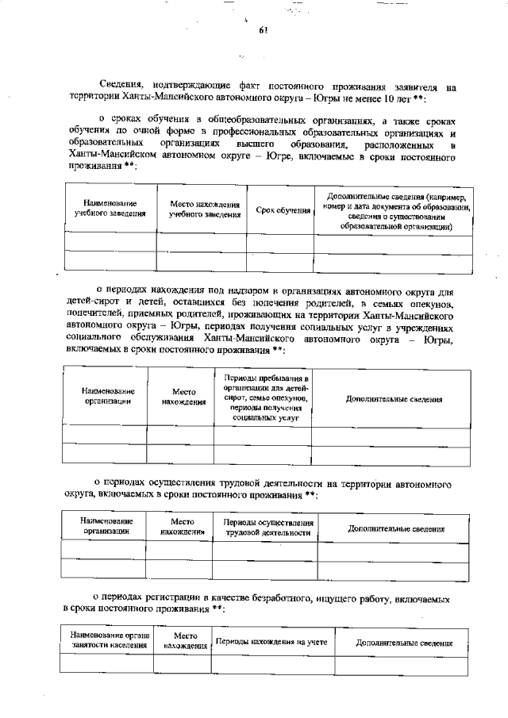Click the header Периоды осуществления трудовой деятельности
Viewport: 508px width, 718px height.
pos(265,528)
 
